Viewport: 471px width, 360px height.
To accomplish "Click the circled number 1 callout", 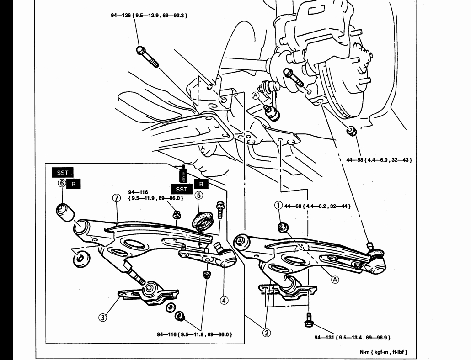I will click(x=278, y=206).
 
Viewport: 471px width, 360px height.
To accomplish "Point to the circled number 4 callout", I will click(x=224, y=301).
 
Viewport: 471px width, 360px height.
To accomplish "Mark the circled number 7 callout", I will click(x=116, y=198).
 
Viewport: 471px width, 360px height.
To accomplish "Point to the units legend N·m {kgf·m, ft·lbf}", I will click(x=383, y=352).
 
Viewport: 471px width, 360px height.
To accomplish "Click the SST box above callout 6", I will click(x=63, y=173).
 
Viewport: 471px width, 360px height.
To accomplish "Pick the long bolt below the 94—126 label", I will click(x=147, y=57).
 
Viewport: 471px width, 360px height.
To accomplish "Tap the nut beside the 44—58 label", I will click(x=352, y=130).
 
